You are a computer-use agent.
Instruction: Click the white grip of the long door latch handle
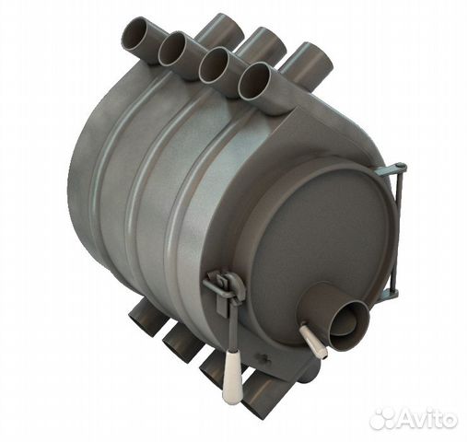click(x=232, y=378)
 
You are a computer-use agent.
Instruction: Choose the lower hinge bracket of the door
click(x=390, y=294)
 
